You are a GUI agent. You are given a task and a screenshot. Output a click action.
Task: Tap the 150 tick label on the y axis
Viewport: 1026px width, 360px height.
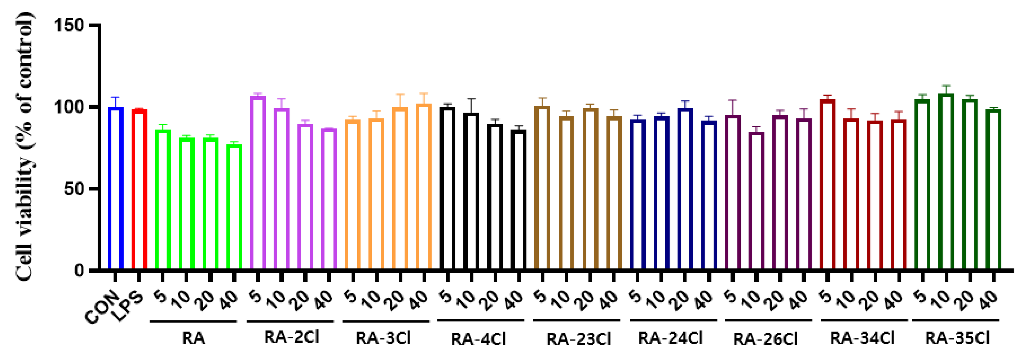click(x=68, y=25)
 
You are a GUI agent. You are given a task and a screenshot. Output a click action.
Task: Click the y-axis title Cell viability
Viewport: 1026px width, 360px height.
click(x=25, y=147)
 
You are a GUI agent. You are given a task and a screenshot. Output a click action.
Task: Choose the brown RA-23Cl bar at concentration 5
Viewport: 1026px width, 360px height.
click(x=542, y=187)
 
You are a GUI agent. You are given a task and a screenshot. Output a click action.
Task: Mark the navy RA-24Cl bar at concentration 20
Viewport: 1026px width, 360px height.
click(x=685, y=189)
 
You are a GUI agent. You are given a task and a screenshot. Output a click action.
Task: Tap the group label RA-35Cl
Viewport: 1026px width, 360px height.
click(x=957, y=338)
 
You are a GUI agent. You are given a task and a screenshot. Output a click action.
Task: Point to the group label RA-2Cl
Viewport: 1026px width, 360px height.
click(x=291, y=337)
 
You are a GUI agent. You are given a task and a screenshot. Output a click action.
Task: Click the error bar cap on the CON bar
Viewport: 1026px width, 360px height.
click(x=116, y=97)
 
